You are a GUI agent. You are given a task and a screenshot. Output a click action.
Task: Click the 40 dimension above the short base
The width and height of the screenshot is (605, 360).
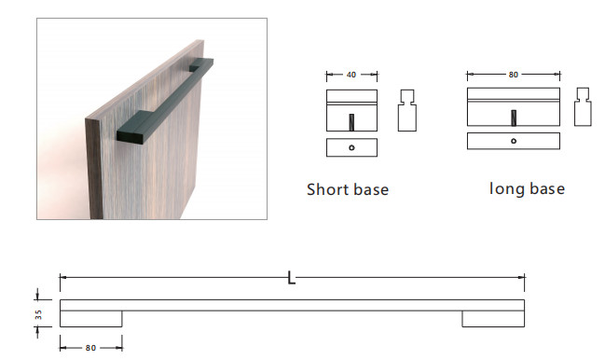click(x=351, y=75)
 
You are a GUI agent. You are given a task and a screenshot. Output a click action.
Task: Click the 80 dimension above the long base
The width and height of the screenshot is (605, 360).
click(x=513, y=75)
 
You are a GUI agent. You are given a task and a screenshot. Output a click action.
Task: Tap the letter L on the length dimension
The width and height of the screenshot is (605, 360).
click(x=291, y=277)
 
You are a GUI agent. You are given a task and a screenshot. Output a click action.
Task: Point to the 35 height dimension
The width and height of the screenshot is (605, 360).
click(x=38, y=314)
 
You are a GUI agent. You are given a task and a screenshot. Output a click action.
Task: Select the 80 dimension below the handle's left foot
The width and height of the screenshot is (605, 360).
click(x=90, y=348)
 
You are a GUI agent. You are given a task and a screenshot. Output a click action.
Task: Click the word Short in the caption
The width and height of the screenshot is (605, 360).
click(x=328, y=189)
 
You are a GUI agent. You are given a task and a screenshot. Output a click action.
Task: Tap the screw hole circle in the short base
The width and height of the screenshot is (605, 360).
click(x=351, y=147)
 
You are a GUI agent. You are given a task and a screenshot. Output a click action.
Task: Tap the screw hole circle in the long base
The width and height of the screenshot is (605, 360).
click(x=514, y=141)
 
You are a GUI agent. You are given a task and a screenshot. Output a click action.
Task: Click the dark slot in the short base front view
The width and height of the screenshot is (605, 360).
click(x=351, y=122)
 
